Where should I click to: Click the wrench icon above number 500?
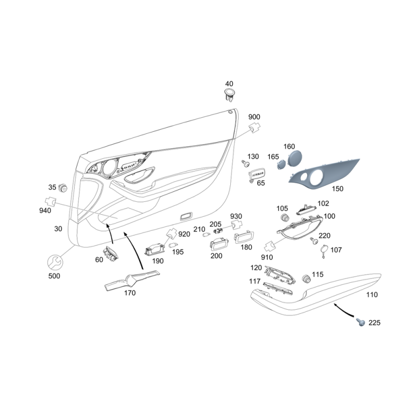(55, 263)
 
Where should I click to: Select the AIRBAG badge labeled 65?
(256, 174)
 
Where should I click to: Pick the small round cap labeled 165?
(281, 164)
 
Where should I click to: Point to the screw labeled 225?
(361, 322)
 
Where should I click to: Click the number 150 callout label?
(338, 189)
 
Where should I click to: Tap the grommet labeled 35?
(63, 188)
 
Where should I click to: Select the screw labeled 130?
(245, 164)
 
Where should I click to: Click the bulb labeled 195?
(173, 245)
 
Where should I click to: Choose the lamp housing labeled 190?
(155, 250)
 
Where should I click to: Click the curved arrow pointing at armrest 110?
(343, 310)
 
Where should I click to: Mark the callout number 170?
(130, 293)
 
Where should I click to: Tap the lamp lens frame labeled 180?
(243, 237)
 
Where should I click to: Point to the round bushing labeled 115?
(307, 279)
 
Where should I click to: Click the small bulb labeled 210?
(206, 234)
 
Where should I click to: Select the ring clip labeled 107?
(324, 251)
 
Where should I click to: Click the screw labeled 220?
(314, 241)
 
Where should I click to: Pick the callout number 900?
(254, 117)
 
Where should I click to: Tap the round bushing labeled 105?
(285, 217)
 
